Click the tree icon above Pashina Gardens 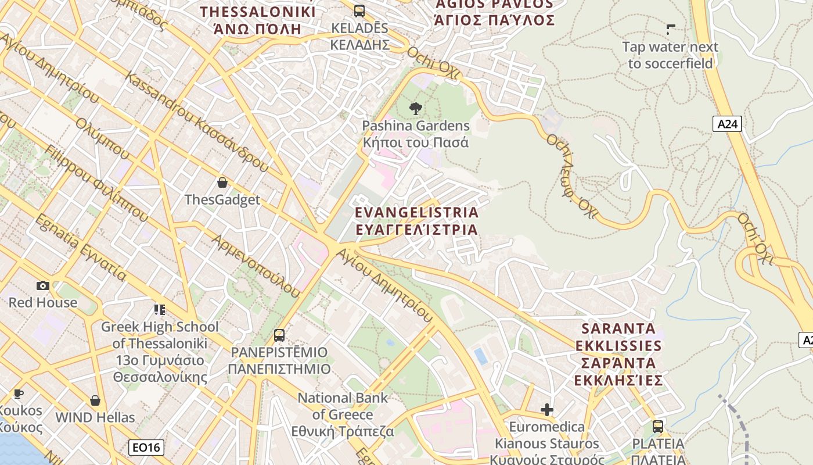[x=415, y=108]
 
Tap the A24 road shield [x=727, y=124]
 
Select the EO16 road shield [x=146, y=447]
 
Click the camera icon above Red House [x=42, y=285]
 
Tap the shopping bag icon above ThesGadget [x=222, y=183]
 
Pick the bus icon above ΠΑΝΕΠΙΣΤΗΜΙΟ [x=279, y=335]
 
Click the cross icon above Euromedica [x=546, y=410]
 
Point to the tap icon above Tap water [x=670, y=30]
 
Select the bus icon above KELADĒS [x=359, y=10]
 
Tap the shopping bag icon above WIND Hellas [x=95, y=400]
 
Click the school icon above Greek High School [x=160, y=310]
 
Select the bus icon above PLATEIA [x=657, y=427]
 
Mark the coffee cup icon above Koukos [x=19, y=394]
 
